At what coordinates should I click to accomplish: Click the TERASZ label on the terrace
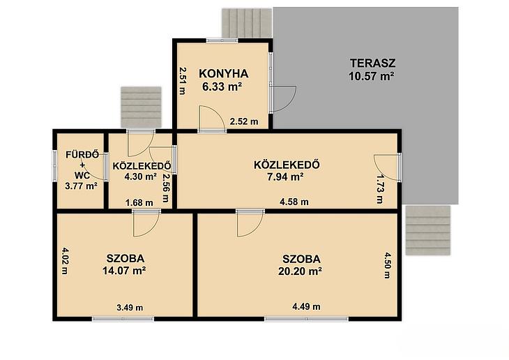tap(372, 63)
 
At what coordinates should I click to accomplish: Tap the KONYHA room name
tap(224, 74)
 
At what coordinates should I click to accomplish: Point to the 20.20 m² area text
tap(300, 271)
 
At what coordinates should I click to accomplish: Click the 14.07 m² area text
tap(124, 270)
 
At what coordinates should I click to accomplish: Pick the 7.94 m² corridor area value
tap(286, 177)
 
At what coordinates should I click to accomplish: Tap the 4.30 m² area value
tap(141, 177)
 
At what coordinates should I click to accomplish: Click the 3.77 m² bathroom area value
tap(81, 186)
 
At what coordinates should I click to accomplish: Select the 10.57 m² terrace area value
tap(372, 76)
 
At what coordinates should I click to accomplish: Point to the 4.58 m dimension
tap(294, 202)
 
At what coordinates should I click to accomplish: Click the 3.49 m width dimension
tap(130, 308)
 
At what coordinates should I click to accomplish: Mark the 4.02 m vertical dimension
tap(65, 261)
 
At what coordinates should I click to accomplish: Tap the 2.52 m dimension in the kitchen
tap(244, 121)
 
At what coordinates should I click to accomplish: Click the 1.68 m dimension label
tap(139, 203)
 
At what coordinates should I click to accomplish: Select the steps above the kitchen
tap(247, 23)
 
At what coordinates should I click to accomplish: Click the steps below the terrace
tap(428, 230)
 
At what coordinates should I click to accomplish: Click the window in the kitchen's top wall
tap(222, 40)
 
